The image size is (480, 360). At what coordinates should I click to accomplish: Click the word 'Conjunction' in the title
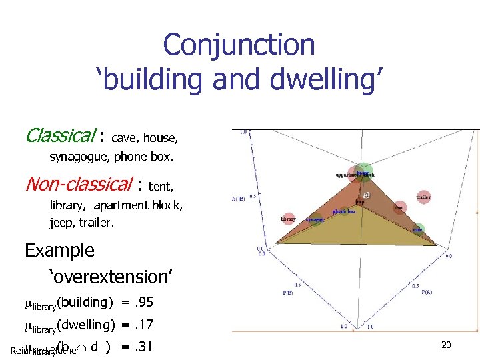pyautogui.click(x=239, y=45)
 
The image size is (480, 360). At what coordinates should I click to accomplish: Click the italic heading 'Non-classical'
pyautogui.click(x=78, y=183)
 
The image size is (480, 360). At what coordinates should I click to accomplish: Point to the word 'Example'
pyautogui.click(x=60, y=251)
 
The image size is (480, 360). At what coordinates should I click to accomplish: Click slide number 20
pyautogui.click(x=447, y=345)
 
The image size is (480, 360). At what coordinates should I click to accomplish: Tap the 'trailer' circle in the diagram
pyautogui.click(x=423, y=197)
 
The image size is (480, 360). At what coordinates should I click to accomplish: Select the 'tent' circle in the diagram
pyautogui.click(x=399, y=207)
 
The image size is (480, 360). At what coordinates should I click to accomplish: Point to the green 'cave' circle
pyautogui.click(x=418, y=229)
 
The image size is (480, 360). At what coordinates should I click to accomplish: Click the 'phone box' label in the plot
pyautogui.click(x=344, y=211)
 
